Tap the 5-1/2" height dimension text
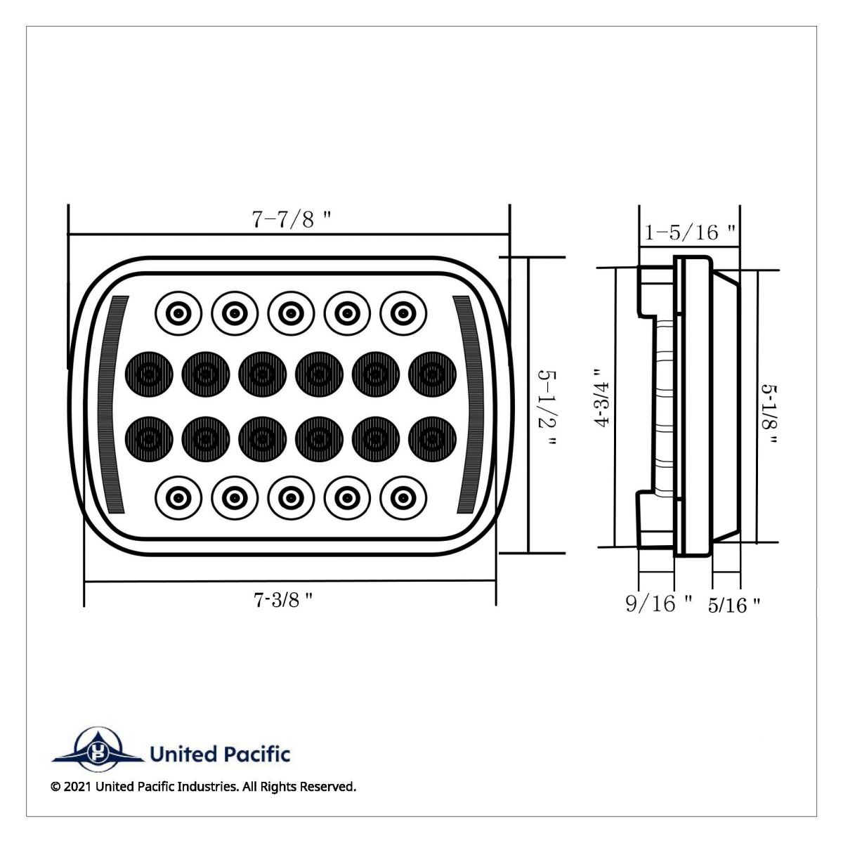coord(546,405)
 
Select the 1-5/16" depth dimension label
coord(691,232)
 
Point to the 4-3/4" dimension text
coord(599,398)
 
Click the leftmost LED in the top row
coord(178,311)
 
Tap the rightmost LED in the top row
coord(403,311)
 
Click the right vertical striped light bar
coord(468,404)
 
